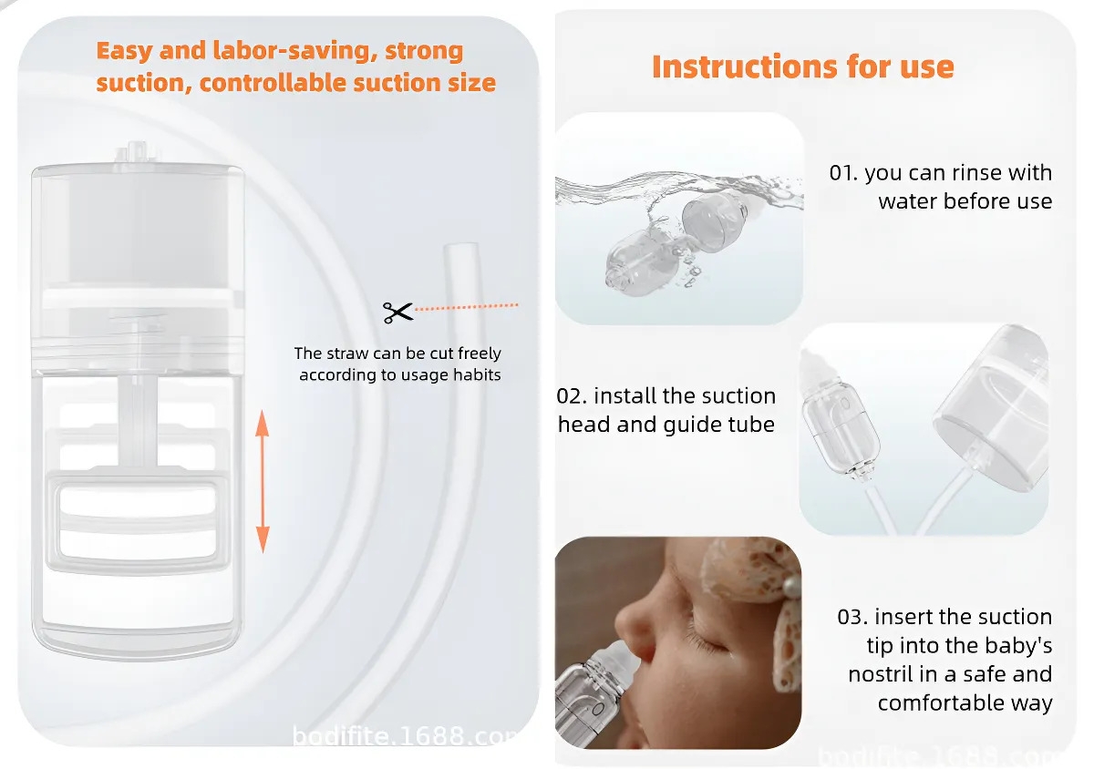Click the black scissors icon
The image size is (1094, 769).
398,313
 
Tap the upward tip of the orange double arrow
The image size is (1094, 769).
263,411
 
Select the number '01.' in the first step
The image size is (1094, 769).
843,173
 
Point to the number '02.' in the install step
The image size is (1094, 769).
572,396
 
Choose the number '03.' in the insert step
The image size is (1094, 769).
852,617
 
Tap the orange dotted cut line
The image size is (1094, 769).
466,307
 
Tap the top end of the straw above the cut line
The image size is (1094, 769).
460,246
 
